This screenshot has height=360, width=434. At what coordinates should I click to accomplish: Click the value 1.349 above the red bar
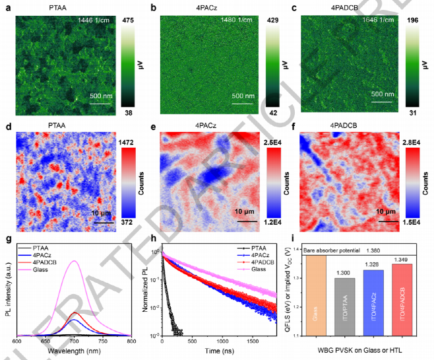tap(400, 258)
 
